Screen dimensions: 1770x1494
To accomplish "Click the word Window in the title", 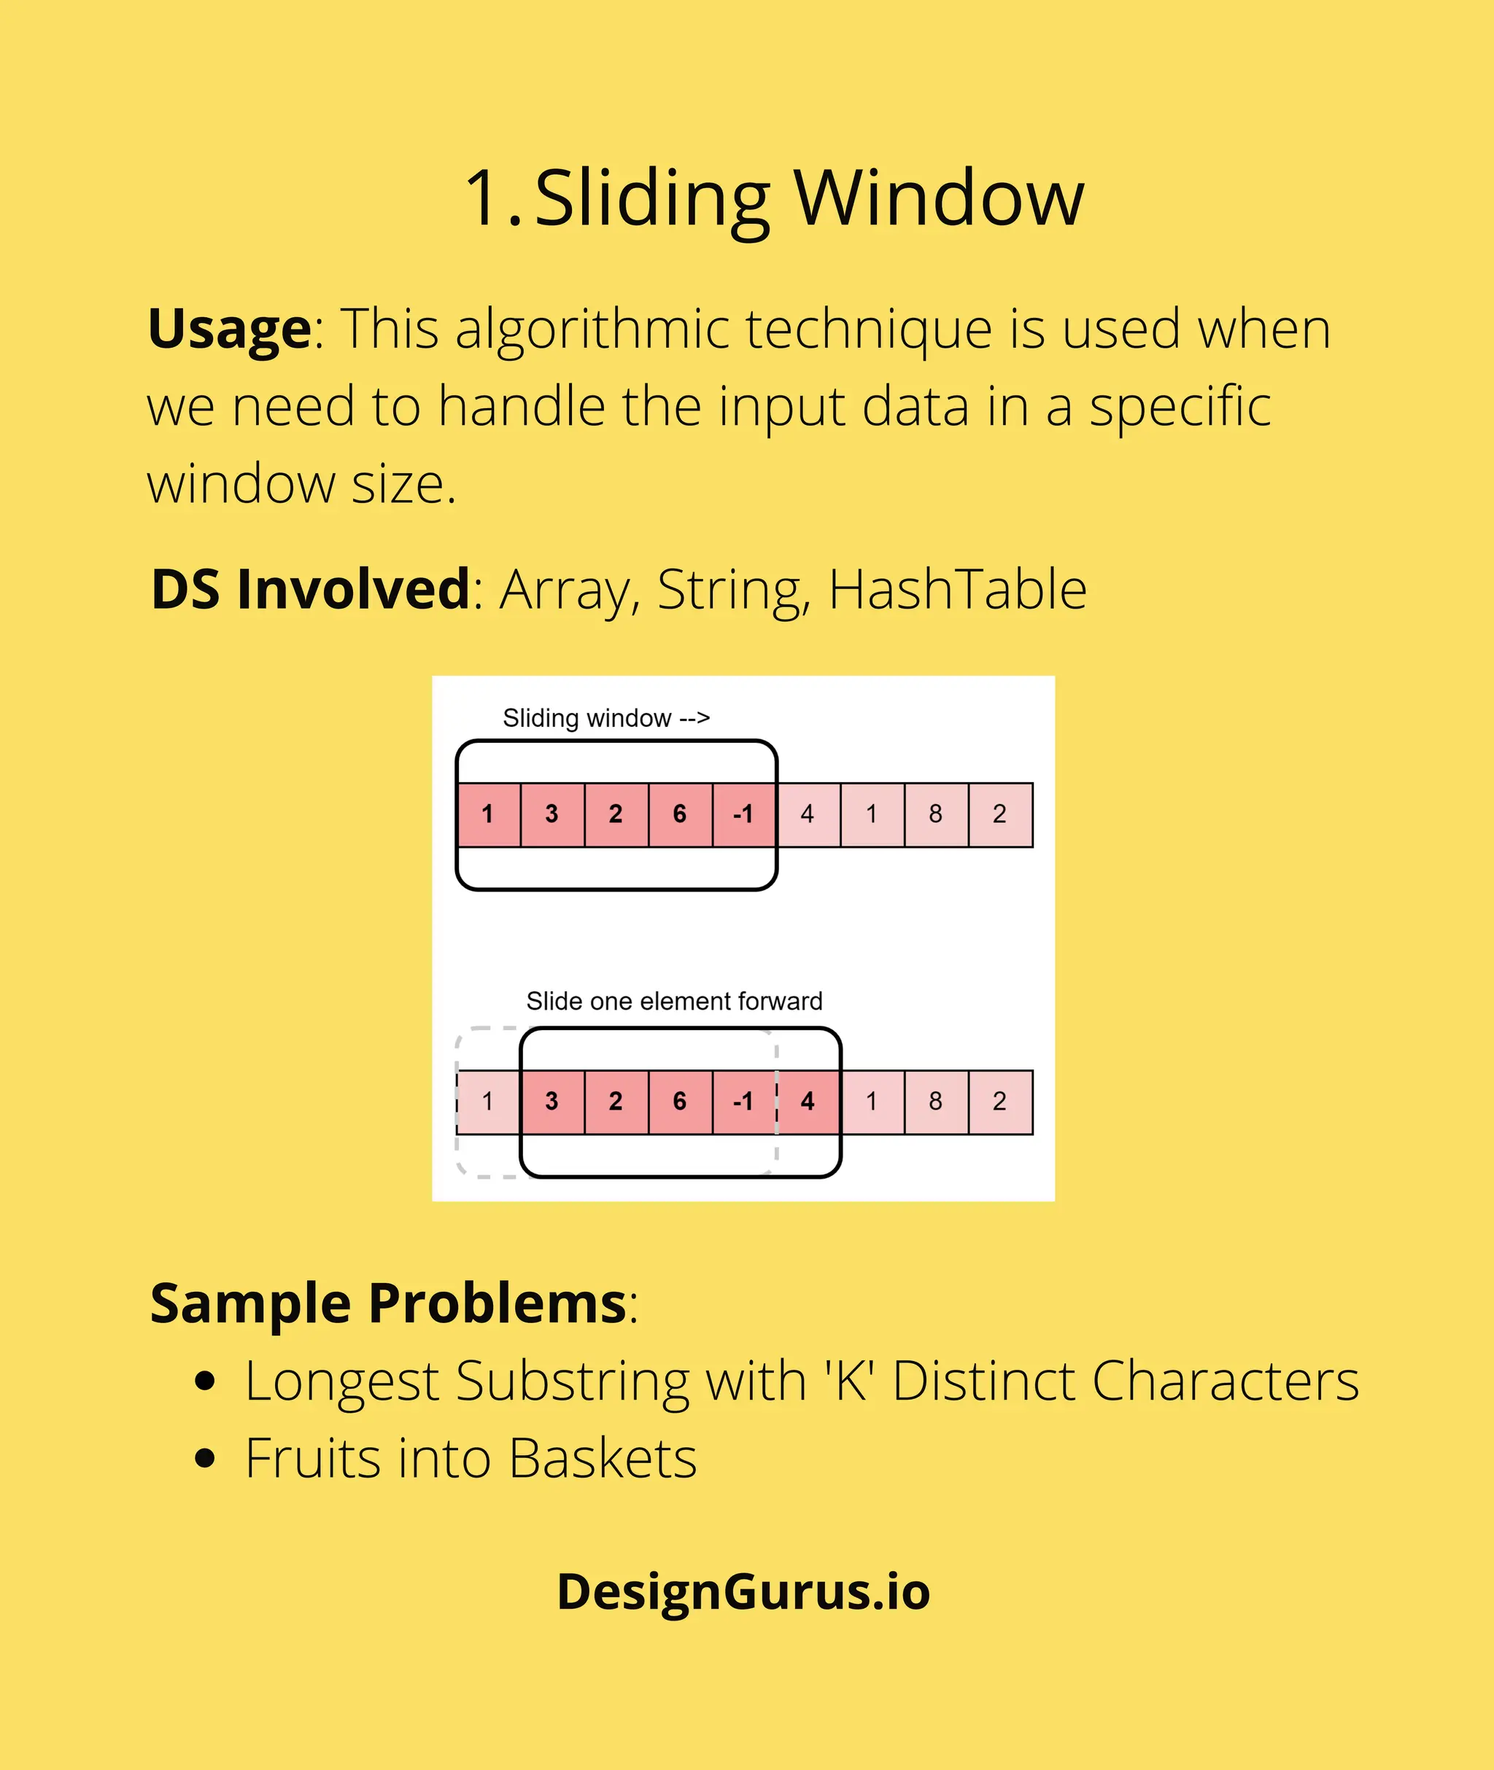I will (x=938, y=198).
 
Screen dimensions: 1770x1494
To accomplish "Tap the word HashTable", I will (x=957, y=589).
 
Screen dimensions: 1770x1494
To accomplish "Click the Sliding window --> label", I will (x=606, y=718).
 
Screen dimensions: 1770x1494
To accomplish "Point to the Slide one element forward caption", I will (x=674, y=1002).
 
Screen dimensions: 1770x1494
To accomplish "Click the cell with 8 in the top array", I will (x=936, y=814).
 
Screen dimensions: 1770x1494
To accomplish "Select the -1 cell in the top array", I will (x=743, y=814).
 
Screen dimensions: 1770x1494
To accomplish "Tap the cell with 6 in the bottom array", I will (x=679, y=1102).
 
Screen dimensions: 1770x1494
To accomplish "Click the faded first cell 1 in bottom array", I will (x=488, y=1102).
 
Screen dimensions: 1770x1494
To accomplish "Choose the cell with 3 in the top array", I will (x=552, y=814).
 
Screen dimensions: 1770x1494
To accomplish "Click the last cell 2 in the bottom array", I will (x=999, y=1102).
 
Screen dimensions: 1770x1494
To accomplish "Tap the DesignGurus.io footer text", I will (x=743, y=1591).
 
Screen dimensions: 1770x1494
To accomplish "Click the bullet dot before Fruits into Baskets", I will (x=204, y=1459).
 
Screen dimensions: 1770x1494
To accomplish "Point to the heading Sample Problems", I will (x=388, y=1303).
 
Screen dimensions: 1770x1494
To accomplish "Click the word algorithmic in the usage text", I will (x=592, y=329).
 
